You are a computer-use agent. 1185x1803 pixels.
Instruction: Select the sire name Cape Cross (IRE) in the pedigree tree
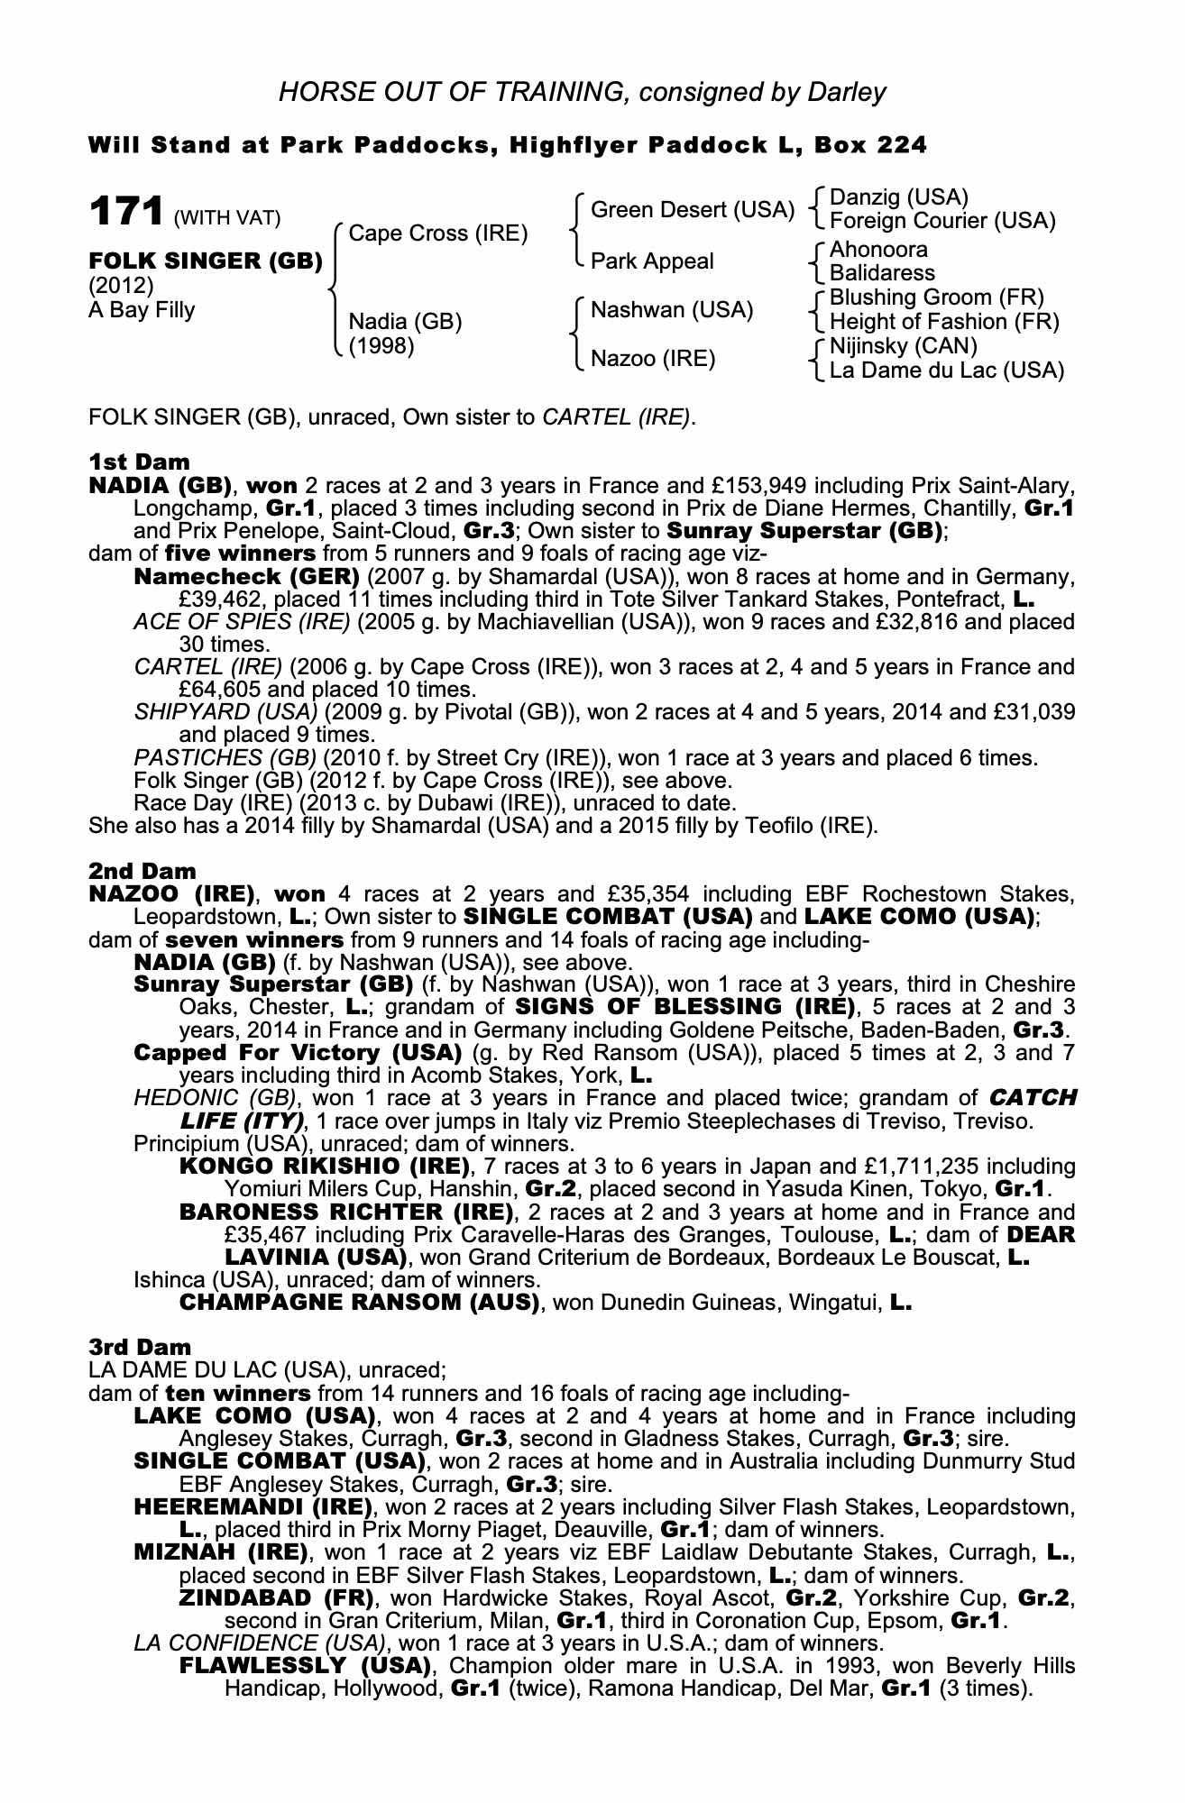[x=437, y=233]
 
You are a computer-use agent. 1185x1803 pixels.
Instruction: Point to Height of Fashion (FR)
[x=944, y=322]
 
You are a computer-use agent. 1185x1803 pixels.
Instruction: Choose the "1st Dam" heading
[x=139, y=462]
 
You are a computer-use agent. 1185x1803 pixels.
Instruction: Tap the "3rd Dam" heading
[x=140, y=1347]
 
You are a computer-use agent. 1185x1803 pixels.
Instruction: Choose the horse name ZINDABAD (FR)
[x=277, y=1598]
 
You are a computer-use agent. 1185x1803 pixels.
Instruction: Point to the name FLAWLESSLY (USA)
[x=302, y=1665]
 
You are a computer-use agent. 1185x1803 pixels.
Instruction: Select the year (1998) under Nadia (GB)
[x=381, y=345]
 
